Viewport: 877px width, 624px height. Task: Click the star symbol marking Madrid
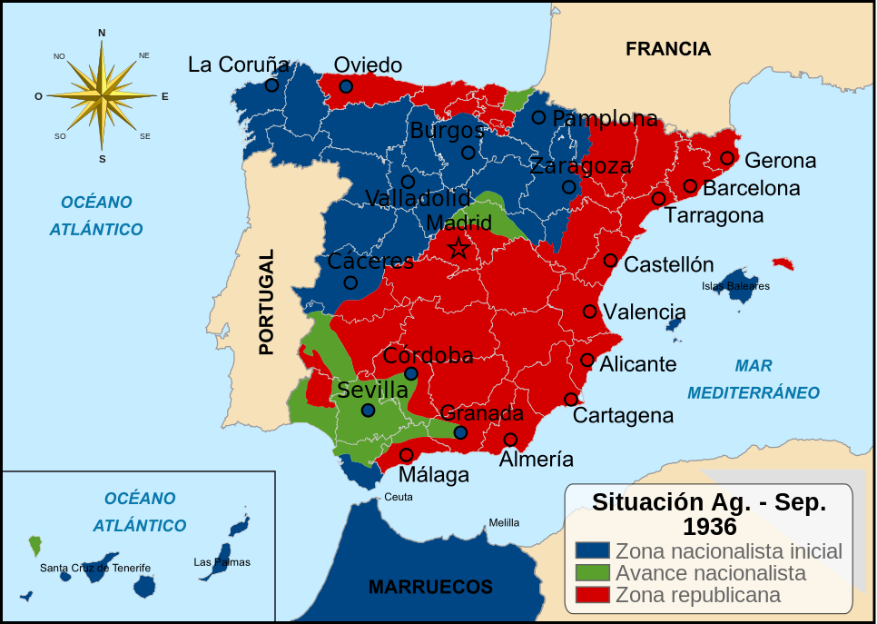pyautogui.click(x=458, y=247)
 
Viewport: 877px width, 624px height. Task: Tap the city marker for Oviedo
pyautogui.click(x=346, y=86)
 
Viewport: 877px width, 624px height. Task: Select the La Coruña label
pyautogui.click(x=238, y=64)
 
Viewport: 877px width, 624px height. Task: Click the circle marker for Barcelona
pyautogui.click(x=690, y=186)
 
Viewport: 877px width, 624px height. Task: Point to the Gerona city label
pyautogui.click(x=780, y=161)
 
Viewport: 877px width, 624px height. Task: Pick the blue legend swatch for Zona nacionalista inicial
pyautogui.click(x=592, y=551)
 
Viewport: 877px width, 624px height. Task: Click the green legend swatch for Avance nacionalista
pyautogui.click(x=592, y=573)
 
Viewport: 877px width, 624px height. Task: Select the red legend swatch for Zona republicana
pyautogui.click(x=592, y=595)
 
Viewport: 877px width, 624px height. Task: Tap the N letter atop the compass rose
pyautogui.click(x=102, y=34)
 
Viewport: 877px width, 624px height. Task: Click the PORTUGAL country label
pyautogui.click(x=266, y=302)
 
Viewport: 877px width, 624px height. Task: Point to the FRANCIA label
pyautogui.click(x=667, y=49)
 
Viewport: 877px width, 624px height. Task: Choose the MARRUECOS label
pyautogui.click(x=430, y=587)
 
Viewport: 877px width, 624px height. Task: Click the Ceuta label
pyautogui.click(x=399, y=497)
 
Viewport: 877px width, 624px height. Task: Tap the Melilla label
pyautogui.click(x=504, y=523)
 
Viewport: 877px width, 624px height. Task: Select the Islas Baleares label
pyautogui.click(x=735, y=286)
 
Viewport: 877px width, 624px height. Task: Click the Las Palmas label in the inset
pyautogui.click(x=222, y=562)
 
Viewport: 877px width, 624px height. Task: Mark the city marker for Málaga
pyautogui.click(x=406, y=454)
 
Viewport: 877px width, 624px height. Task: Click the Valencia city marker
pyautogui.click(x=589, y=312)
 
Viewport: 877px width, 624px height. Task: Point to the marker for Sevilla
pyautogui.click(x=368, y=411)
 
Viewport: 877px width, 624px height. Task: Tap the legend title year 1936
pyautogui.click(x=709, y=527)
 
